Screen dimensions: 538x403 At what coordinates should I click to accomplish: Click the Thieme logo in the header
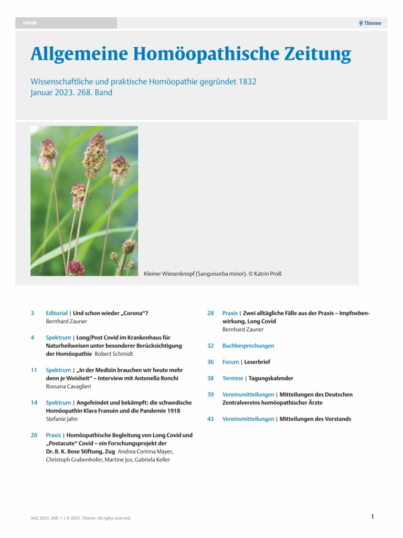click(370, 23)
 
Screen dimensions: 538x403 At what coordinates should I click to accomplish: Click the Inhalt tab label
click(30, 23)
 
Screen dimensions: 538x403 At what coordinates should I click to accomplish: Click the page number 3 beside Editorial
click(33, 313)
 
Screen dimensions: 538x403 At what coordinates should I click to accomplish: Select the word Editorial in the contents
click(57, 313)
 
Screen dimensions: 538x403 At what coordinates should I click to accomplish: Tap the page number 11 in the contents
click(34, 370)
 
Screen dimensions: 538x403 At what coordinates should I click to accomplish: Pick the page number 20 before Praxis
click(34, 435)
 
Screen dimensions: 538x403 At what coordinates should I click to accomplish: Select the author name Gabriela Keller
click(151, 460)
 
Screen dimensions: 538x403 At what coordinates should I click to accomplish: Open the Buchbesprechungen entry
click(248, 346)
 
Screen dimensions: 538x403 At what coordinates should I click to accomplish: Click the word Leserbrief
click(257, 362)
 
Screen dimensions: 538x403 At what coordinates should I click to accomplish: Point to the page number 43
click(210, 419)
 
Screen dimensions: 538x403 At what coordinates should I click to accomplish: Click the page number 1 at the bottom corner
click(373, 516)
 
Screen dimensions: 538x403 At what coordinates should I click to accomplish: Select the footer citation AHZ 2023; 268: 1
click(47, 518)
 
